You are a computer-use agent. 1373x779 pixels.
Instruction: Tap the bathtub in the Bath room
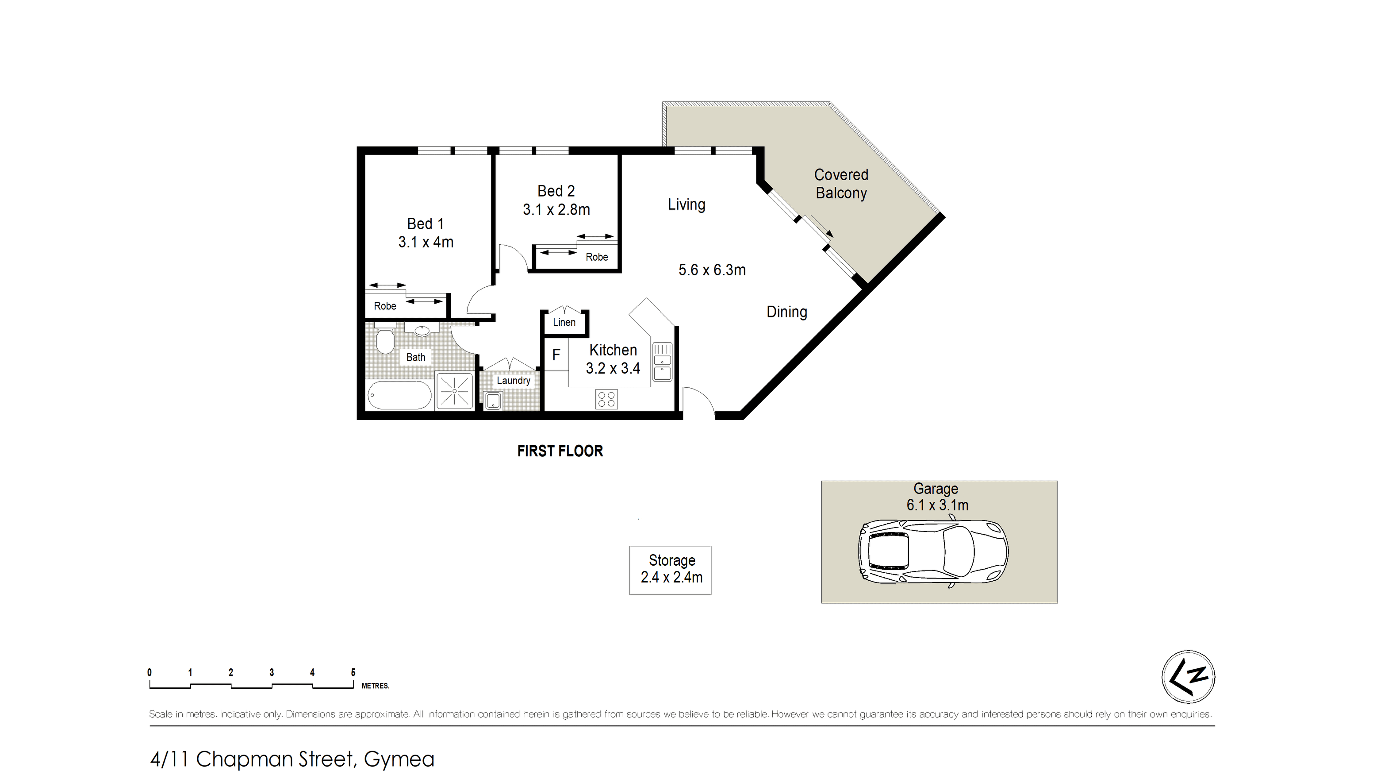tap(399, 395)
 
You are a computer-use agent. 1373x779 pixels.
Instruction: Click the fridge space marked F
tap(556, 354)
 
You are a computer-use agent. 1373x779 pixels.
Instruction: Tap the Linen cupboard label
tap(564, 322)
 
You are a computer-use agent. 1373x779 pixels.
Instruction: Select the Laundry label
tap(513, 380)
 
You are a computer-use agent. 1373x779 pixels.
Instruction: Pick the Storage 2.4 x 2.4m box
tap(671, 571)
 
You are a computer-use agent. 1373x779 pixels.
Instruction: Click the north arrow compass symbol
tap(1188, 677)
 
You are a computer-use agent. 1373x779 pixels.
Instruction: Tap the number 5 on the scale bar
tap(353, 672)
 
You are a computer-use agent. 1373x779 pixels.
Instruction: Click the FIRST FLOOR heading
tap(560, 451)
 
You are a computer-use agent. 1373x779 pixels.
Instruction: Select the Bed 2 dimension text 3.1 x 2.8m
tap(556, 209)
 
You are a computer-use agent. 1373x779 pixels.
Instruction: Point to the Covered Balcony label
tap(841, 184)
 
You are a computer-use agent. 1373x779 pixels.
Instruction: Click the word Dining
tap(786, 312)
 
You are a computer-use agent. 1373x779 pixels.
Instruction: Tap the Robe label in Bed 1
tap(385, 306)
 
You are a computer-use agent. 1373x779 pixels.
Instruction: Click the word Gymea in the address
tap(399, 759)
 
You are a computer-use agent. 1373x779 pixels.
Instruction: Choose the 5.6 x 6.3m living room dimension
tap(712, 270)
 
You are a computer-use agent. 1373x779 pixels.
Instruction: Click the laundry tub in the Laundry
tap(492, 401)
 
